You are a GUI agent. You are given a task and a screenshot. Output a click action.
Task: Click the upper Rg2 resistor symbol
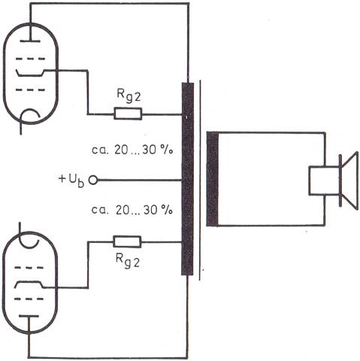(x=128, y=114)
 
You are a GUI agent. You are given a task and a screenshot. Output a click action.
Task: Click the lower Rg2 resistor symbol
(x=127, y=241)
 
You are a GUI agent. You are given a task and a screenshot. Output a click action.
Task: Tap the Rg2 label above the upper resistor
(x=129, y=96)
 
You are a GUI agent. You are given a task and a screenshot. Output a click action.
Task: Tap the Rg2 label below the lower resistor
(x=128, y=261)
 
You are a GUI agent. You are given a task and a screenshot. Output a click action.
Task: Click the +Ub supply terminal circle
(x=93, y=180)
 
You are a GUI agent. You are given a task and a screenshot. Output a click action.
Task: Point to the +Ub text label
(x=71, y=180)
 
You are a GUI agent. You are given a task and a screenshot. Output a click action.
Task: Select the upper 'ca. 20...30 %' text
(x=132, y=150)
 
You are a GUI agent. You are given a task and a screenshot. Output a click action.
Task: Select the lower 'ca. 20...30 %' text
(x=132, y=210)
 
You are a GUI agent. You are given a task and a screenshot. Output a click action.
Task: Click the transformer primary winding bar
(x=188, y=179)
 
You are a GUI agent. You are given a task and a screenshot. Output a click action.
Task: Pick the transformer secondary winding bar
(x=212, y=179)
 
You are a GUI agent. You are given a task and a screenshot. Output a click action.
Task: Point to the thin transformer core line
(x=200, y=180)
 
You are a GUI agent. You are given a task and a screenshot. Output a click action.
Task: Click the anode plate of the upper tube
(x=30, y=41)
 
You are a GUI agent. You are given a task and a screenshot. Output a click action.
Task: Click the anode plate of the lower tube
(x=29, y=316)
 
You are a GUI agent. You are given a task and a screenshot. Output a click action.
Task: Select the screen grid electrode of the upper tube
(x=30, y=72)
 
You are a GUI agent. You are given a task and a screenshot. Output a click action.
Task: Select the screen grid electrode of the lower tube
(x=29, y=285)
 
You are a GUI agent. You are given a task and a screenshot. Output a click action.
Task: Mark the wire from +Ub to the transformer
(x=139, y=180)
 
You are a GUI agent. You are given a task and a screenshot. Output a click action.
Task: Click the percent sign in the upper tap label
(x=167, y=150)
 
